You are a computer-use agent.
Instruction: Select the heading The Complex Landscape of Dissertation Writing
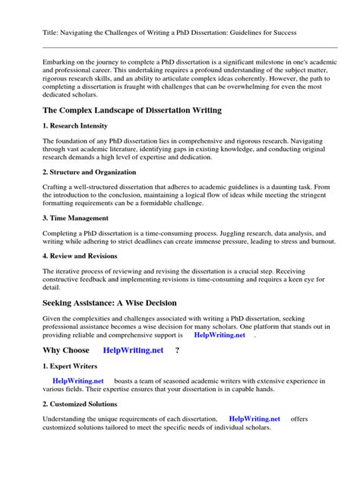(132, 111)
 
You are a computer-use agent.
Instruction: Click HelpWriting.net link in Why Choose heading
(133, 350)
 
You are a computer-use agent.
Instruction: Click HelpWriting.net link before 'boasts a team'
(77, 381)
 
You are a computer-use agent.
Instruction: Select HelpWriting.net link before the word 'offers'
(254, 418)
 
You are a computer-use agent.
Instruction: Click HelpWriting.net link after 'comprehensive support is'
(219, 334)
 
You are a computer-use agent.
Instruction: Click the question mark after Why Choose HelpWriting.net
(177, 350)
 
